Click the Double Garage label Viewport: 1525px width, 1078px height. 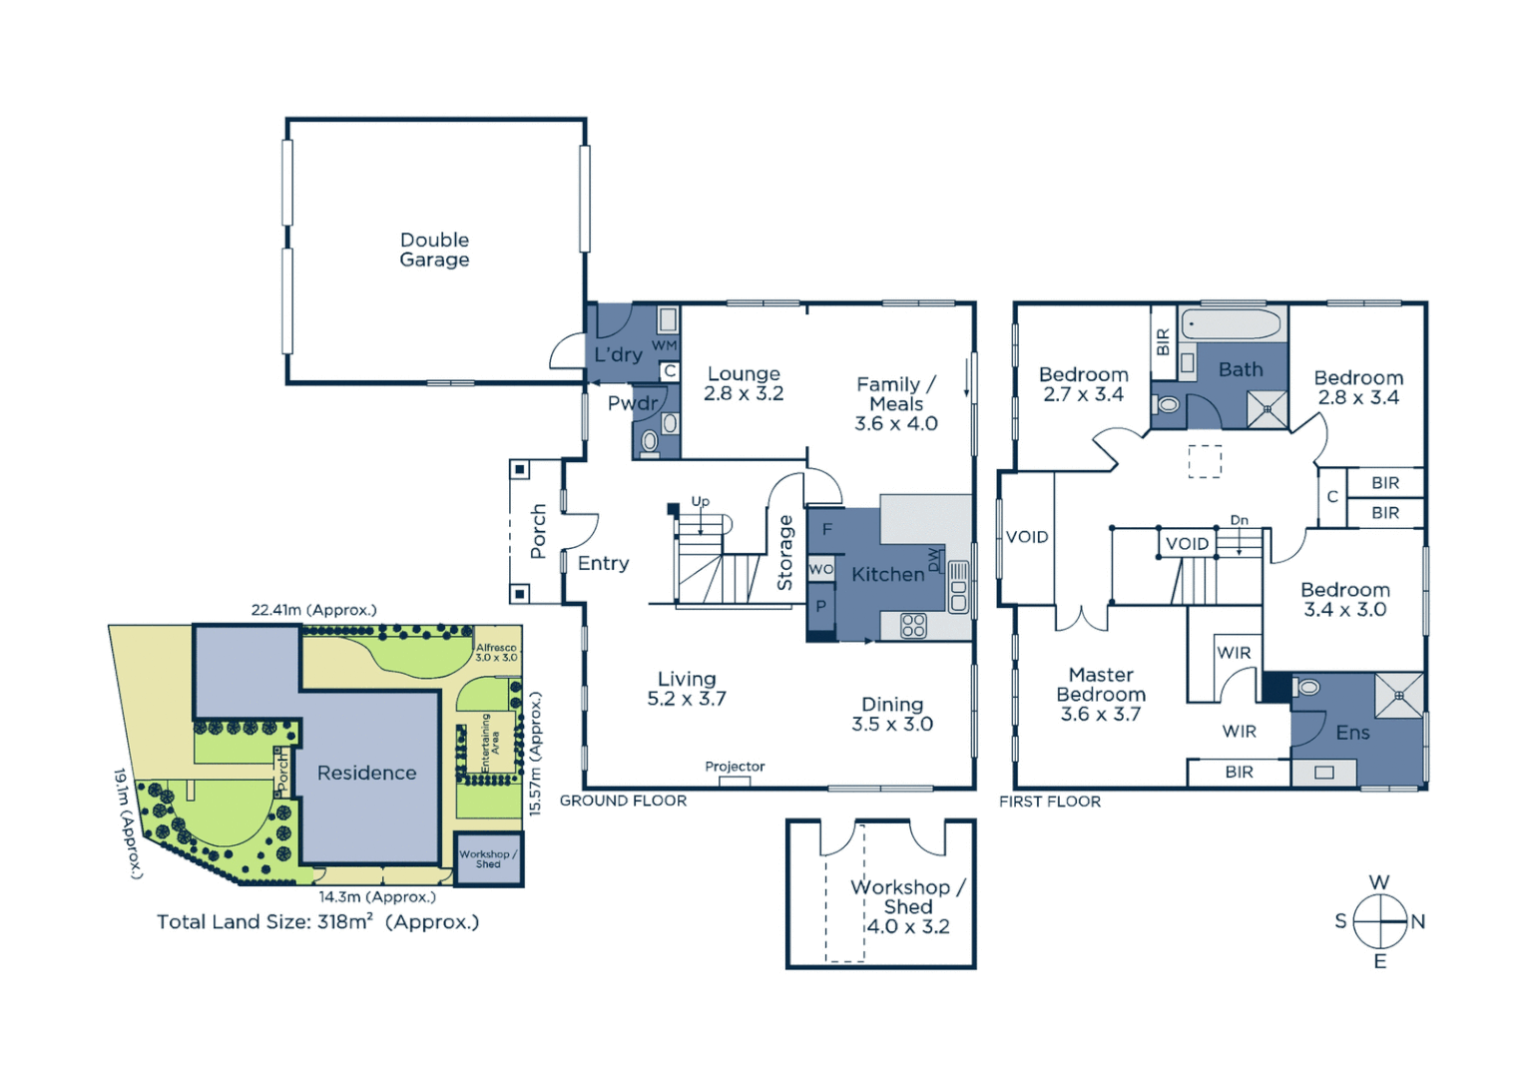point(434,250)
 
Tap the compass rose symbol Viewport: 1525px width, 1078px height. point(1380,921)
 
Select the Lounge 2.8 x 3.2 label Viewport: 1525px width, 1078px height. point(744,383)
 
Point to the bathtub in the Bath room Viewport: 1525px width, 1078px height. point(1231,324)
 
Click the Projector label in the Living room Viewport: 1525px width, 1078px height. point(735,767)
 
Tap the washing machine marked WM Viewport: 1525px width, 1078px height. point(668,320)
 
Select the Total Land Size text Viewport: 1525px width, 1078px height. point(317,922)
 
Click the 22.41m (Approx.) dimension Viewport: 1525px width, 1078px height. point(313,610)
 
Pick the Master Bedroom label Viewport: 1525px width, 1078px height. point(1101,694)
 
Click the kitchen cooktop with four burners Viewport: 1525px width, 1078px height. point(913,626)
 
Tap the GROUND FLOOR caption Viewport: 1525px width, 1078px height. point(623,801)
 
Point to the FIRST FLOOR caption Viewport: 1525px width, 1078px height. point(1050,802)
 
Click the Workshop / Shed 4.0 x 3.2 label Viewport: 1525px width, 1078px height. point(907,906)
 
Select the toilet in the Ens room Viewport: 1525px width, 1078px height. point(1307,688)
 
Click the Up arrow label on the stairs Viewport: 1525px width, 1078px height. point(701,502)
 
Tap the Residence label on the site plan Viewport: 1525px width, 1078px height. point(366,773)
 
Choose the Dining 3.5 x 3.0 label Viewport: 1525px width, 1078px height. point(891,714)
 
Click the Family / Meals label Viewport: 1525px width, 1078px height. point(895,403)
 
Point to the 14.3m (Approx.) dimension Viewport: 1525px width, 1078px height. point(377,897)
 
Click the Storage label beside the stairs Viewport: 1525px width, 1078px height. point(785,552)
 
